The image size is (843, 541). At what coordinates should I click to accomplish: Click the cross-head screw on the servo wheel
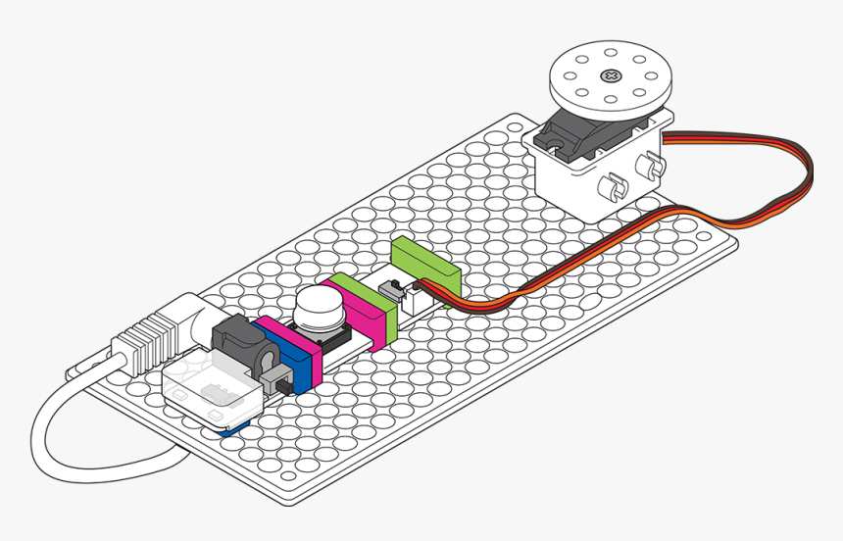(x=612, y=75)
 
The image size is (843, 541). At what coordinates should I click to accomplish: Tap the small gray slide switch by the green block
(x=393, y=287)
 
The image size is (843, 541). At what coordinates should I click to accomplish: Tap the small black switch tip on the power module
(x=277, y=381)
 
